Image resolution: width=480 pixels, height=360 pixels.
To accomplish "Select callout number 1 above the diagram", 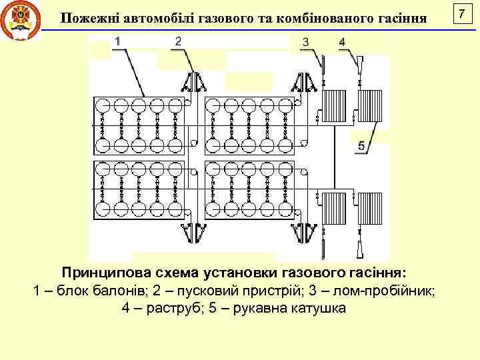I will point(117,41).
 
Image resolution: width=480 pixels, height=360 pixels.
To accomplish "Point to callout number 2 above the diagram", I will point(178,41).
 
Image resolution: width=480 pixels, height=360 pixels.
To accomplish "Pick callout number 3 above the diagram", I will point(305,42).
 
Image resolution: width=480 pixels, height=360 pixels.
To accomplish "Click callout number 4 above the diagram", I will point(342,42).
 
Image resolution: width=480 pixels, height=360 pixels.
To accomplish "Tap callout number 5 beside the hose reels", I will point(361,146).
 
